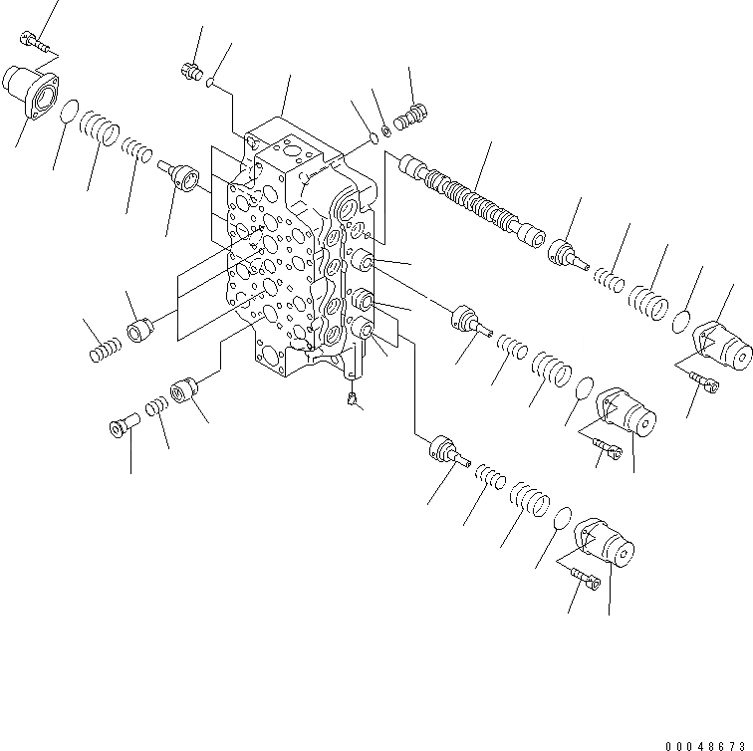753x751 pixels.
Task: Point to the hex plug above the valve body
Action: (190, 71)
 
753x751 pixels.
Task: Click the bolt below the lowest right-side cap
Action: (583, 576)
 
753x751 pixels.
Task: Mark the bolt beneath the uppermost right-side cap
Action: (701, 380)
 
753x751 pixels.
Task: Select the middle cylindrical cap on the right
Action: (625, 412)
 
